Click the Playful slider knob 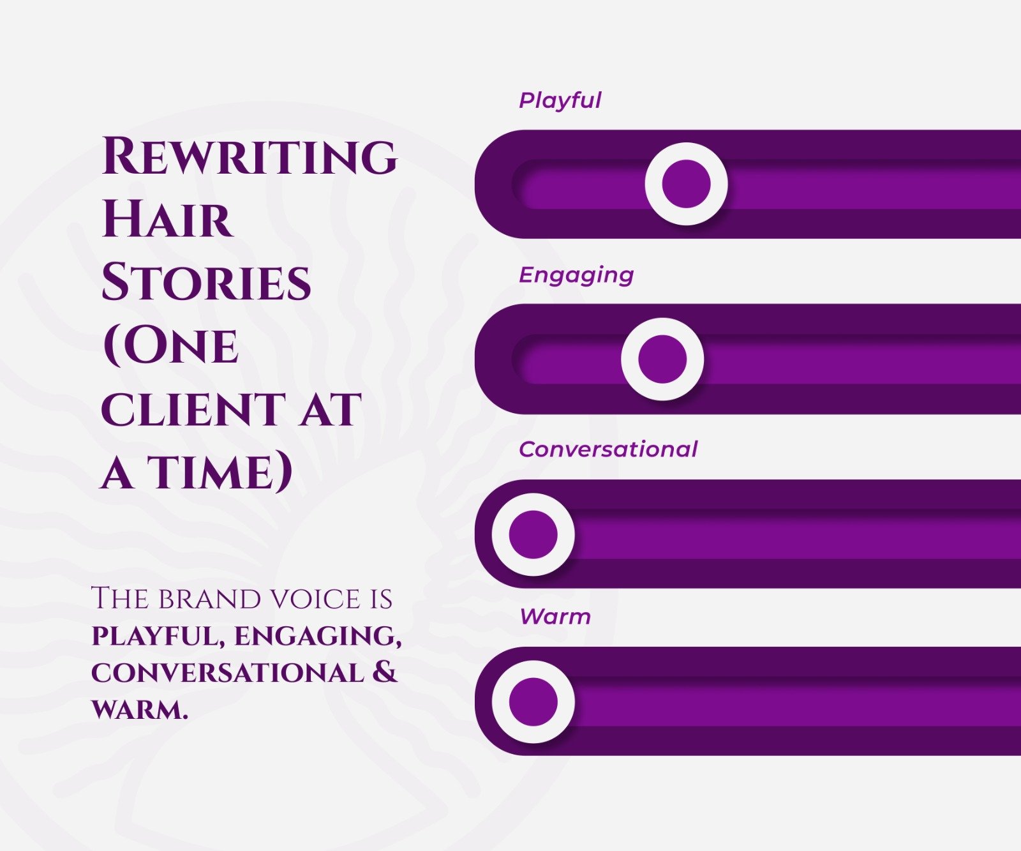[x=686, y=184]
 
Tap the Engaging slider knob [x=662, y=359]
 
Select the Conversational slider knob [x=533, y=534]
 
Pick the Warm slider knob [x=533, y=701]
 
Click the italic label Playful [x=560, y=100]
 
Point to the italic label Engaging [x=576, y=275]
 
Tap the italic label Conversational [x=608, y=449]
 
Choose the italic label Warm [x=555, y=617]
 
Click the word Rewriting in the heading [x=250, y=156]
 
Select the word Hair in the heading [x=167, y=219]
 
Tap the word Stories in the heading [x=206, y=282]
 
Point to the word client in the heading [x=192, y=409]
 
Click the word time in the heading [x=220, y=473]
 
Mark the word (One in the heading [x=170, y=346]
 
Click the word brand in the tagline [x=209, y=599]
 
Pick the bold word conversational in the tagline [x=227, y=673]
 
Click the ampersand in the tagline [x=384, y=672]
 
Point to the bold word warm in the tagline [x=140, y=709]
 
